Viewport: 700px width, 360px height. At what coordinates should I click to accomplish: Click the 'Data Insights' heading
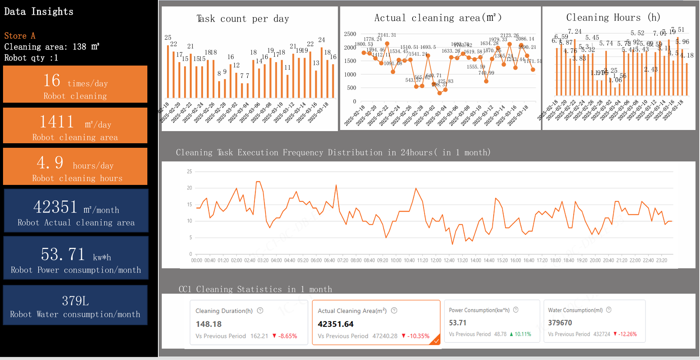coord(39,12)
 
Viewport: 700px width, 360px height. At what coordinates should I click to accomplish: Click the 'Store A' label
coord(20,36)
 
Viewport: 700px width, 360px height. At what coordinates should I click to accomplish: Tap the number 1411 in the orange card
coord(57,122)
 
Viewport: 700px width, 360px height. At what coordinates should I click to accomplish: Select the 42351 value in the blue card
coord(55,207)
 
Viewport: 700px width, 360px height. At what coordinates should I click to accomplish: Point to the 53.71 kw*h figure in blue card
coord(63,254)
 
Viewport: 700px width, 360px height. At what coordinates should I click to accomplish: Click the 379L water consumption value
coord(75,301)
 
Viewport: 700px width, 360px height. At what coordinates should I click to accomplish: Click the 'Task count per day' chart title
coord(243,19)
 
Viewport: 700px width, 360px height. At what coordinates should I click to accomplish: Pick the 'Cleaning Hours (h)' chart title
coord(613,17)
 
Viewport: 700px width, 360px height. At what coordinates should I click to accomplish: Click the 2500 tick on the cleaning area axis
coord(350,34)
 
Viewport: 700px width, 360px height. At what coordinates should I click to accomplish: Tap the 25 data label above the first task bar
coord(168,38)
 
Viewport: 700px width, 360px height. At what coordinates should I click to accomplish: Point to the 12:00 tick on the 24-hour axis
coord(436,260)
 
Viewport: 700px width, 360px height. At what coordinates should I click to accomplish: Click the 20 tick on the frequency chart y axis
coord(189,188)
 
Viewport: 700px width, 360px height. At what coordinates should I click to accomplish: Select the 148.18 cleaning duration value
coord(209,324)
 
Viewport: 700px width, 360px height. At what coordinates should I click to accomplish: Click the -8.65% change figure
coord(287,336)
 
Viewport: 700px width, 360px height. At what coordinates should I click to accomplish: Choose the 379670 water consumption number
coord(560,323)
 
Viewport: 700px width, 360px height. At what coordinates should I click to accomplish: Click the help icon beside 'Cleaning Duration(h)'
coord(260,311)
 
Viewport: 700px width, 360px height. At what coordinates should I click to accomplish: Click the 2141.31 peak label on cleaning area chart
coord(387,35)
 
